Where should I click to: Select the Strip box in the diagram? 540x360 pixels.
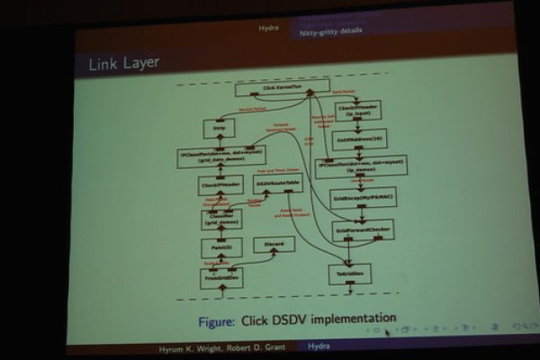[x=219, y=129]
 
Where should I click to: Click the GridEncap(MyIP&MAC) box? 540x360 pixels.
[x=357, y=198]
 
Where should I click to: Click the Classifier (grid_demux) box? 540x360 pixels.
[x=221, y=218]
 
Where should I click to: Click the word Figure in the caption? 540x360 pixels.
[x=218, y=319]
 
